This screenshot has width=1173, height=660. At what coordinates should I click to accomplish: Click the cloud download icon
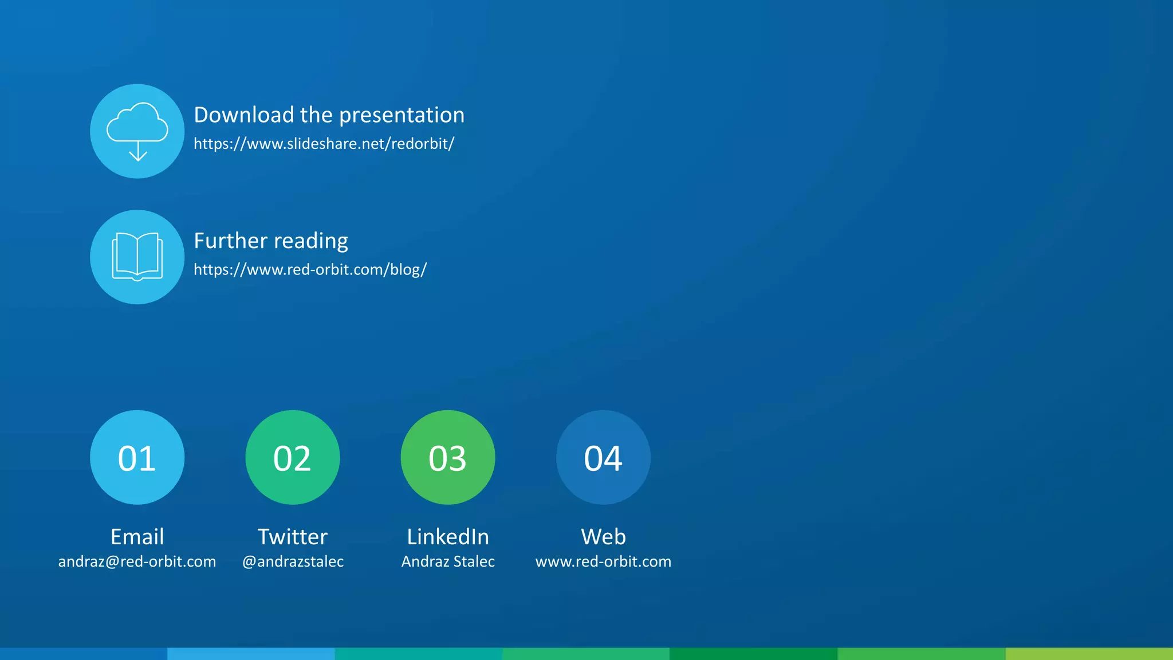(137, 131)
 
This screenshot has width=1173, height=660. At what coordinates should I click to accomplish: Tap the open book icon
(137, 257)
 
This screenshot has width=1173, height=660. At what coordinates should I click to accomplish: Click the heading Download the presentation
(329, 115)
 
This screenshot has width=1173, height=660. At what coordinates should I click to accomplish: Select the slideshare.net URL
(324, 144)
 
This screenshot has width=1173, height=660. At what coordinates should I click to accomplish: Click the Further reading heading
(271, 241)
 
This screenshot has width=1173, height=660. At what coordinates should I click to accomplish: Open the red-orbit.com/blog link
(310, 269)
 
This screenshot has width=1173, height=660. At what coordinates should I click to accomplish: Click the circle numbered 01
(137, 457)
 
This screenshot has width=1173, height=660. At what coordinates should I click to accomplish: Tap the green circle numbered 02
(293, 457)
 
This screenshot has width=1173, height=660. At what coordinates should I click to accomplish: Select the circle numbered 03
(448, 457)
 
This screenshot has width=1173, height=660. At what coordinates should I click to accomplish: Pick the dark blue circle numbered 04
(603, 457)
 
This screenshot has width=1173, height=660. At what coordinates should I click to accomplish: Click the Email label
(137, 537)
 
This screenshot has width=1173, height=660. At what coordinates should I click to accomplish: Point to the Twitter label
(293, 537)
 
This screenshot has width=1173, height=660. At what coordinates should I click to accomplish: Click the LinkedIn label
(448, 537)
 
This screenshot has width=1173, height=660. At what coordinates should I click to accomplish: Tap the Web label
(603, 537)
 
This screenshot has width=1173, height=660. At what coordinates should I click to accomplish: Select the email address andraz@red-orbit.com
(137, 561)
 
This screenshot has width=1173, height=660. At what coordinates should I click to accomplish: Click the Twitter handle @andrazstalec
(293, 561)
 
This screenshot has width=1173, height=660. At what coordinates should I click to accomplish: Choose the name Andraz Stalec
(448, 561)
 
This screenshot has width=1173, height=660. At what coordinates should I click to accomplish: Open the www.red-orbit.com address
(603, 561)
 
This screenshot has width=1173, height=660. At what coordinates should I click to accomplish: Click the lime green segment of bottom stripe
(1089, 654)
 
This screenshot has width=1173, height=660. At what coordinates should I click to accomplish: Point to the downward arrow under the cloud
(138, 153)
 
